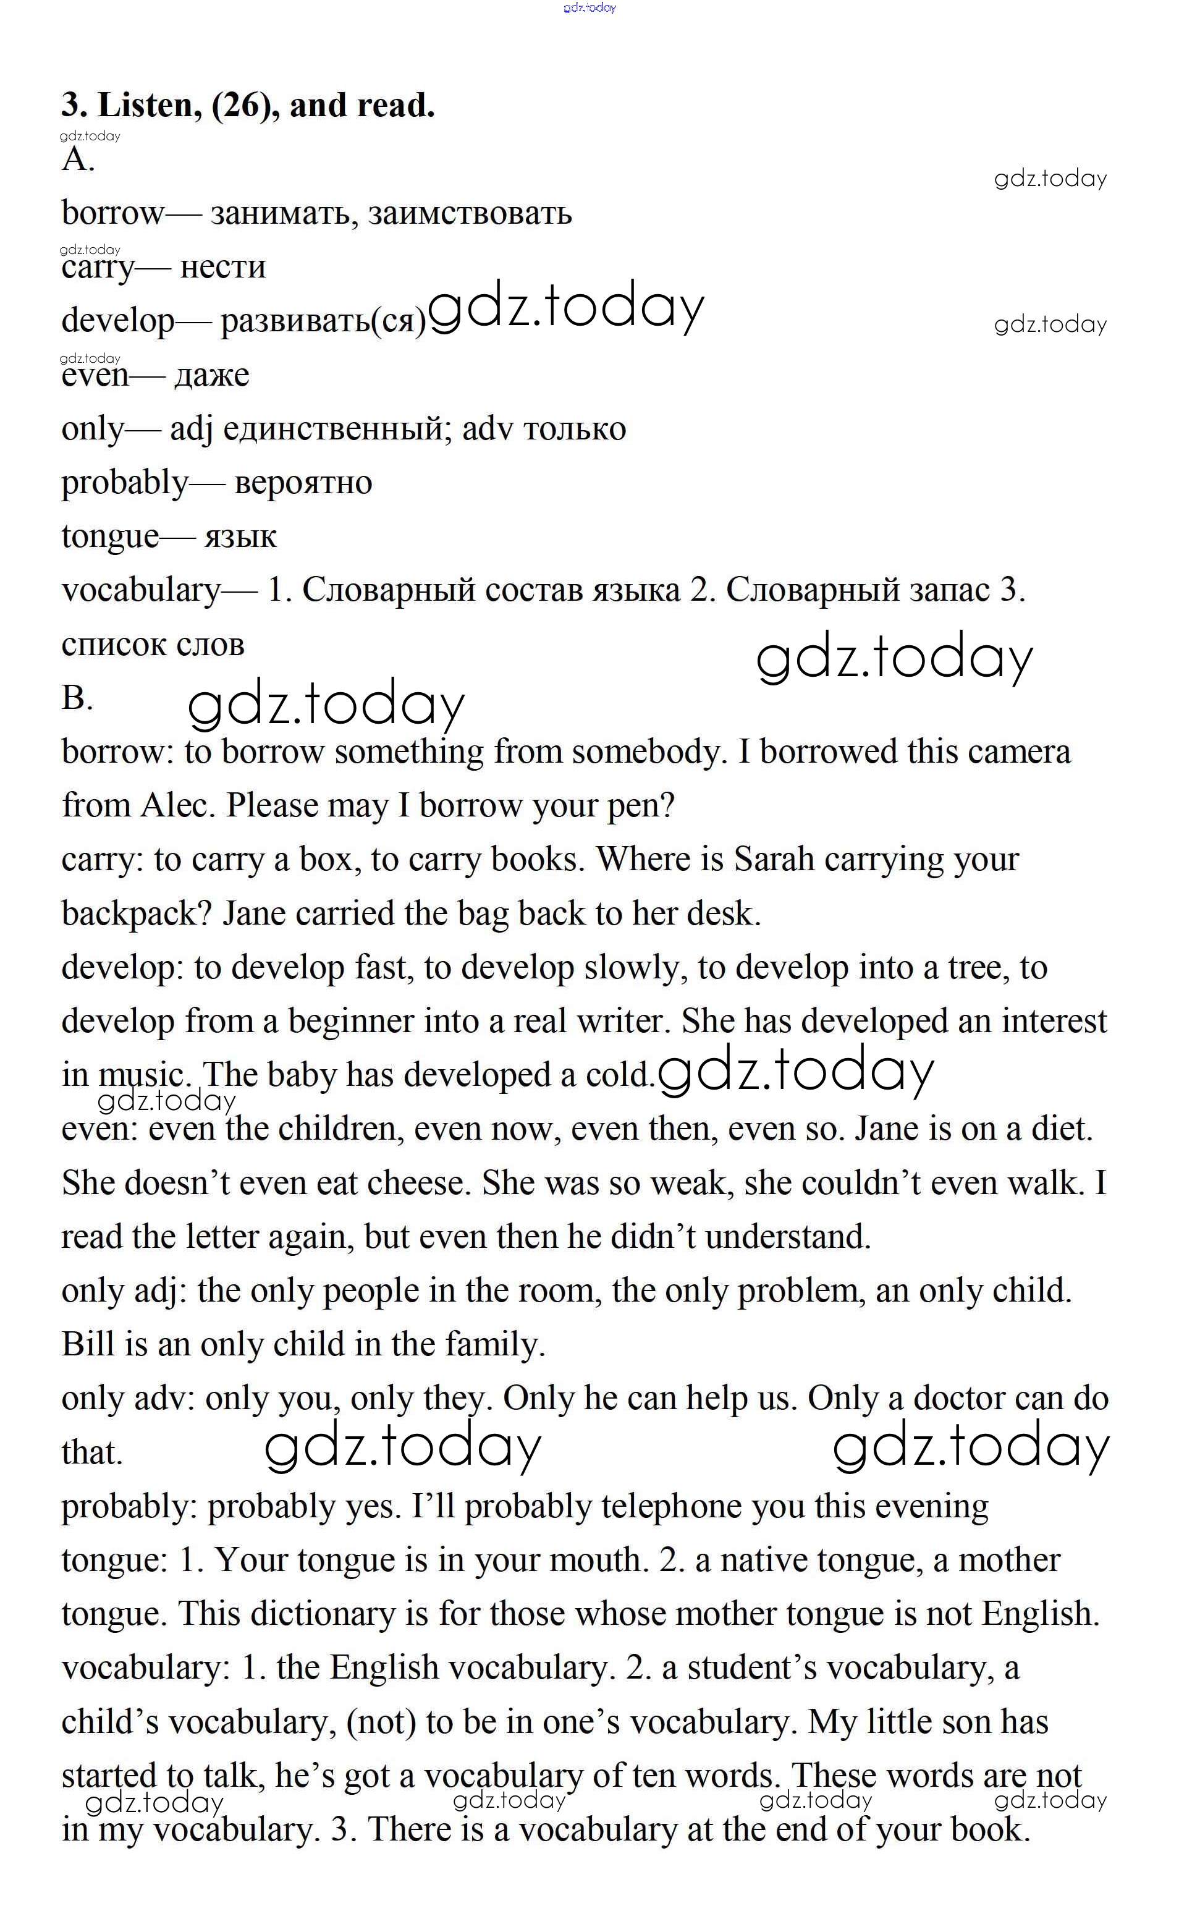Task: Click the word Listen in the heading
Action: click(x=146, y=106)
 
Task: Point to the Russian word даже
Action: click(x=212, y=376)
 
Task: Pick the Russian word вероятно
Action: click(x=303, y=483)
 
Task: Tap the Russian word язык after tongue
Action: click(x=240, y=537)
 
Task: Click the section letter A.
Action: click(x=76, y=160)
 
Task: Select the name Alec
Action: click(x=176, y=806)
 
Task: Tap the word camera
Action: click(x=1018, y=753)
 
